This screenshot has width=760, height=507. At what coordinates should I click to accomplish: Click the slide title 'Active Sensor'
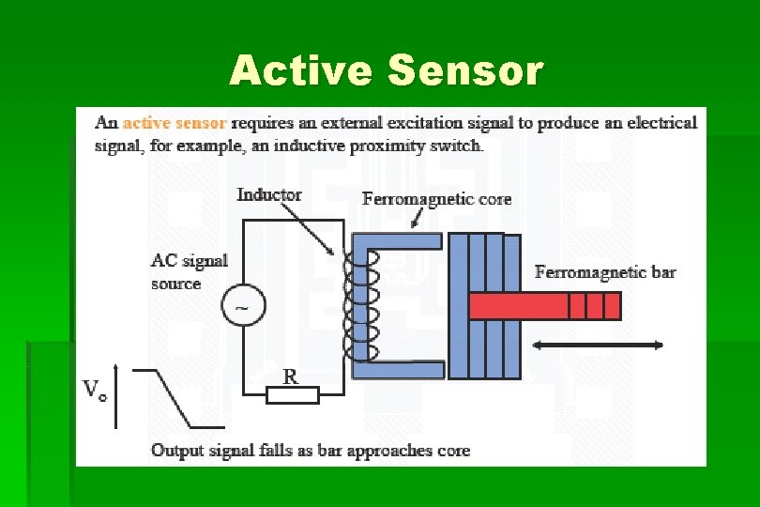tap(386, 71)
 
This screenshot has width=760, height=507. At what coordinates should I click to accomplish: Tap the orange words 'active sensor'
tap(175, 123)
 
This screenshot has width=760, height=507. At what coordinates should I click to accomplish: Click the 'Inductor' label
tap(268, 194)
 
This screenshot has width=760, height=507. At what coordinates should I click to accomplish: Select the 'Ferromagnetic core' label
tap(436, 199)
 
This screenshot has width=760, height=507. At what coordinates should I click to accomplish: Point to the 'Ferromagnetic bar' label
tap(604, 272)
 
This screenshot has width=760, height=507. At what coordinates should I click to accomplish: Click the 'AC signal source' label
tap(189, 271)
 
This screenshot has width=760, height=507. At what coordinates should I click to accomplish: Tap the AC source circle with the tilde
tap(243, 306)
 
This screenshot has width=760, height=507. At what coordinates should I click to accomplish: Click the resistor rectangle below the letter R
tap(292, 395)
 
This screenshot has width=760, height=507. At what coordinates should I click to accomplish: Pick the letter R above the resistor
tap(291, 376)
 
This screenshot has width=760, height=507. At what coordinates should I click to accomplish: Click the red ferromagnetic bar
tap(544, 306)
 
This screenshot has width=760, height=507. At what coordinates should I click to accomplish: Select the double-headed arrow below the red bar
tap(598, 346)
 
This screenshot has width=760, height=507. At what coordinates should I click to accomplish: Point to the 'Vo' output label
tap(95, 390)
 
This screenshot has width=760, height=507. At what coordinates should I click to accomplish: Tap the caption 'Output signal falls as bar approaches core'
tap(311, 451)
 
